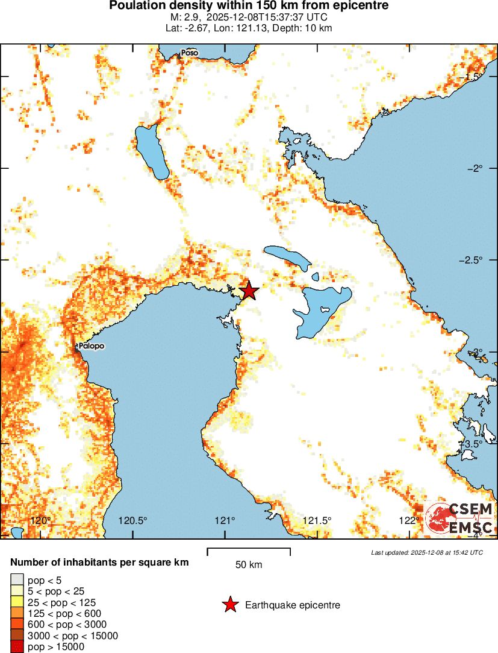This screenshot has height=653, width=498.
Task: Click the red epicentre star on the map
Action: (x=249, y=291)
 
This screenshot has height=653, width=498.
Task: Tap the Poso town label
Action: (x=190, y=53)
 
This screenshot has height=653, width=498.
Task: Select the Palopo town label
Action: (x=91, y=346)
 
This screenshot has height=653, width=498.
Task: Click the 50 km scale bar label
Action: (x=249, y=565)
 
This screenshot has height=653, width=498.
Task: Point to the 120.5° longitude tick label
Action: (x=133, y=521)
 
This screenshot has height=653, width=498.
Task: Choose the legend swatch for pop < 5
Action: (x=16, y=581)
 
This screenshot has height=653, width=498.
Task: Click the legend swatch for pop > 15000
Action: (x=16, y=646)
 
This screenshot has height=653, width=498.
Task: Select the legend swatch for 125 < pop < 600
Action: (x=16, y=613)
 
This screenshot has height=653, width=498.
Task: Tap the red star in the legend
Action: (x=229, y=605)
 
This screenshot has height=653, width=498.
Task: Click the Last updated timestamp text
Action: (x=427, y=552)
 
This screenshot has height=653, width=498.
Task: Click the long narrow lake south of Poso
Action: (x=152, y=151)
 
